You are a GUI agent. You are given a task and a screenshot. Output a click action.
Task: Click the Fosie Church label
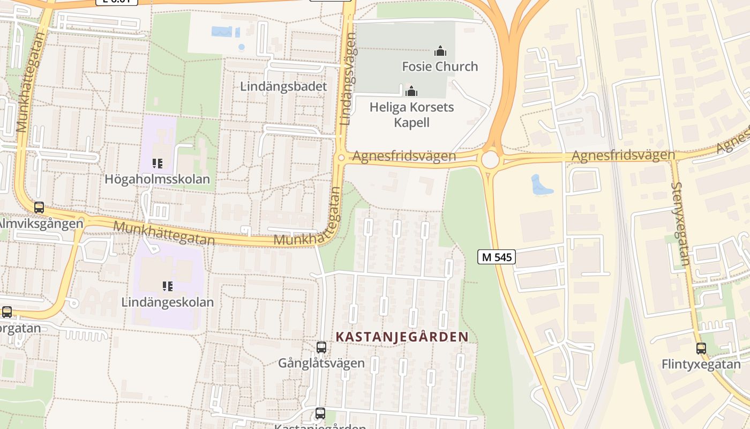click(440, 66)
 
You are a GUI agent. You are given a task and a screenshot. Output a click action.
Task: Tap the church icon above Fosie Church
click(440, 51)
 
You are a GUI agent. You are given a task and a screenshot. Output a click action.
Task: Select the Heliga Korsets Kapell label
click(411, 115)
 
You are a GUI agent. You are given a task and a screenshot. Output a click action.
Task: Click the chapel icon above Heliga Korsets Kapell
click(411, 91)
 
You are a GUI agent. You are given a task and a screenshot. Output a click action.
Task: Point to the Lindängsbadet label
click(283, 86)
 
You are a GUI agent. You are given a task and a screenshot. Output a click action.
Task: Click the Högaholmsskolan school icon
click(157, 163)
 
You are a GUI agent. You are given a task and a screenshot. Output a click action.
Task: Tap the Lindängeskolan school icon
click(167, 286)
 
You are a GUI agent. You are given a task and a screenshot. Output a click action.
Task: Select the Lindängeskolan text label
click(167, 302)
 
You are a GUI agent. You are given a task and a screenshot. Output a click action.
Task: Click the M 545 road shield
click(496, 257)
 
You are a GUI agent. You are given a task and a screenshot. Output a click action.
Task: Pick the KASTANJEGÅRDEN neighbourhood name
click(402, 337)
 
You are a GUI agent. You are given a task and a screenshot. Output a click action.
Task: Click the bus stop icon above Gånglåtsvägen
click(321, 347)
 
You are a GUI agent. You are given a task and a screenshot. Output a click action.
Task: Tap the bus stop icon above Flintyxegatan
click(701, 349)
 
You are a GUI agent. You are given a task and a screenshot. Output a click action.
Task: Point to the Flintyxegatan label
click(701, 365)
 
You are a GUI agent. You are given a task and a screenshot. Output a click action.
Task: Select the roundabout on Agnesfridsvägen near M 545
click(490, 159)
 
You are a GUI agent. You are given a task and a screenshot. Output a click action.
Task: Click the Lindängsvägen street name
click(348, 79)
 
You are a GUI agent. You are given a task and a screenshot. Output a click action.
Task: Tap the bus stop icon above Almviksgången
click(39, 208)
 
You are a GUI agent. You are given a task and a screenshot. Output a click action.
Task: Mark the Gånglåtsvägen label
click(321, 363)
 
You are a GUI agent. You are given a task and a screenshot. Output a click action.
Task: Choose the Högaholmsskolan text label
click(157, 179)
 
